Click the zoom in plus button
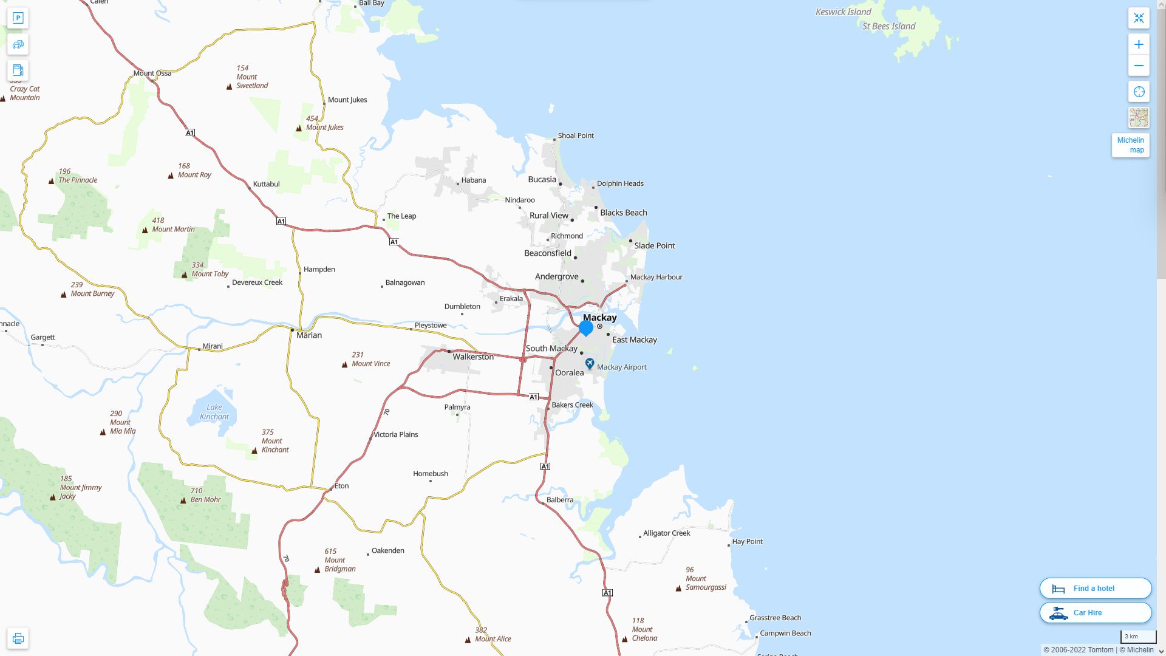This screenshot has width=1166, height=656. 1139,44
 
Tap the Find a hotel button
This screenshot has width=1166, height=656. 1095,588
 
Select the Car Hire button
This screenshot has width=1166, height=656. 1095,612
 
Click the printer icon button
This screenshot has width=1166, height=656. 18,638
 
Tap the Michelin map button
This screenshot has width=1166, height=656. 1130,145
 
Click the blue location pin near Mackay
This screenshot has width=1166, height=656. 586,328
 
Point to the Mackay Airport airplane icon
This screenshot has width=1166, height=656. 590,363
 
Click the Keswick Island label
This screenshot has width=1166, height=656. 843,12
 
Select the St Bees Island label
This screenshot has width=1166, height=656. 888,26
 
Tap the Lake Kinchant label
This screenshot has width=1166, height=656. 214,412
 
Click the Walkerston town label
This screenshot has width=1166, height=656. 473,357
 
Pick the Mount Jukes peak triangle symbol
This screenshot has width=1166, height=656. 299,128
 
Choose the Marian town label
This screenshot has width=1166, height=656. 309,335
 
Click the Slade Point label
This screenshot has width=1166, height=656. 654,245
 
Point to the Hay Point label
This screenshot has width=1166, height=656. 747,541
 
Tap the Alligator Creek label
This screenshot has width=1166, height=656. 666,533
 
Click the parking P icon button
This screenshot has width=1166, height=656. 18,18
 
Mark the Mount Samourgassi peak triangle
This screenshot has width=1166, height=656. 678,588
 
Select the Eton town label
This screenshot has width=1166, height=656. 341,486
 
